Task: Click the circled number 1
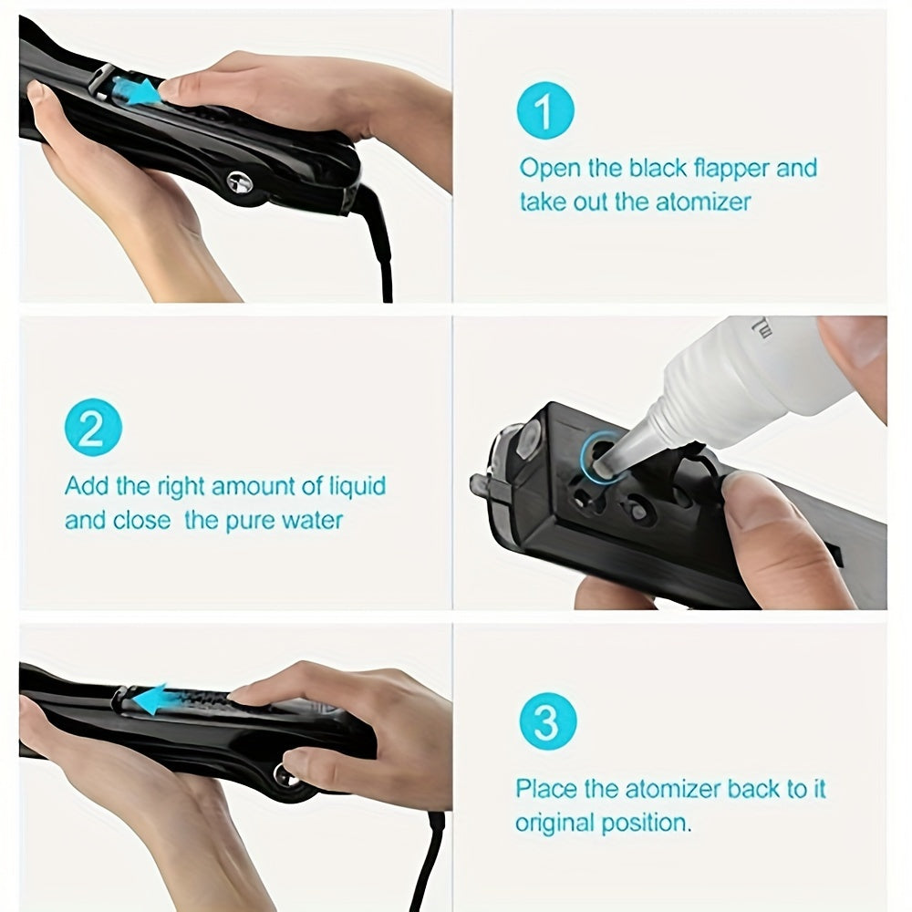click(544, 110)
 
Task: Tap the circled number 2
click(92, 427)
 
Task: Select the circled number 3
click(546, 722)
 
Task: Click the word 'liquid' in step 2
click(354, 486)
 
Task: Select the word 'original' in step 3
click(553, 823)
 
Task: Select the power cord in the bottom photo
click(429, 857)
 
